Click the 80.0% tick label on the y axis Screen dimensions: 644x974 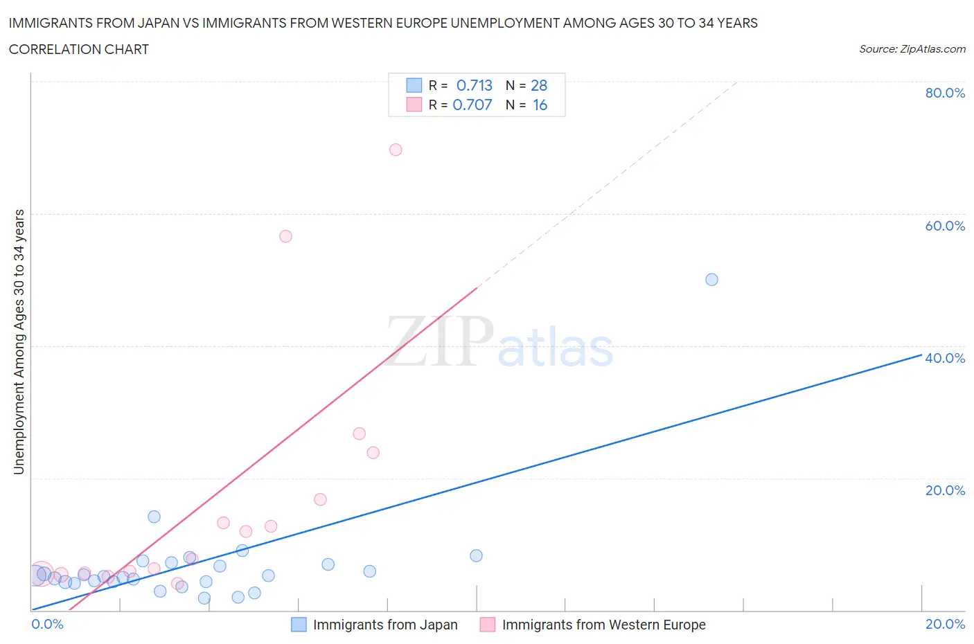click(x=945, y=93)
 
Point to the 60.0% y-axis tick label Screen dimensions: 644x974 click(x=945, y=226)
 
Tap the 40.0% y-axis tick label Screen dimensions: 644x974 click(x=945, y=358)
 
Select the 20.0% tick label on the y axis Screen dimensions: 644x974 click(x=945, y=490)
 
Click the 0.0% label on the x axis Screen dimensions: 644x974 click(x=47, y=624)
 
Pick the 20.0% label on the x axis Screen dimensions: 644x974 click(x=945, y=624)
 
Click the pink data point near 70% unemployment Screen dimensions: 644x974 click(x=396, y=150)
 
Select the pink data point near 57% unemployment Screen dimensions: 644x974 click(x=285, y=236)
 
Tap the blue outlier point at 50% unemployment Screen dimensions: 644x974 click(x=711, y=280)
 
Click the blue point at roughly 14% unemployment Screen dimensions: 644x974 click(x=154, y=517)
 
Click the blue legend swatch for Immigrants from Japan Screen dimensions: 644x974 click(x=299, y=625)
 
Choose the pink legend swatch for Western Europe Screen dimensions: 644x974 click(x=488, y=625)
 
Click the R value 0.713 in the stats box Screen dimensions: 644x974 click(x=474, y=85)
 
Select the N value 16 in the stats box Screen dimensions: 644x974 click(x=540, y=105)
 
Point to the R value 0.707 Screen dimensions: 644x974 click(x=472, y=105)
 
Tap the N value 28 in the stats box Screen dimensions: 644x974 click(x=539, y=85)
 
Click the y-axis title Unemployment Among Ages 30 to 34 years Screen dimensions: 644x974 click(x=19, y=341)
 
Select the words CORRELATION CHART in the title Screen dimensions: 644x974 click(x=79, y=49)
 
